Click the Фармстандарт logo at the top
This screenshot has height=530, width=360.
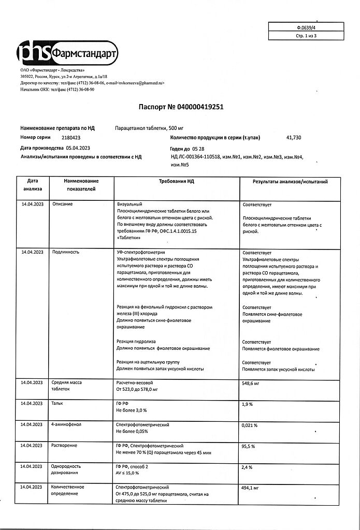67,52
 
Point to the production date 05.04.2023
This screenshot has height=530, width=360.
81,148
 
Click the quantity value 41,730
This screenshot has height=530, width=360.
293,138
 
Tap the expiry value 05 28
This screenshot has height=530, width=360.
206,148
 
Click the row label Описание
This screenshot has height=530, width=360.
62,204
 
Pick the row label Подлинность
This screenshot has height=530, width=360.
65,252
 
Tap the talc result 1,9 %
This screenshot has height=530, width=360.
248,404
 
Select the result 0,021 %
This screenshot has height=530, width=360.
250,425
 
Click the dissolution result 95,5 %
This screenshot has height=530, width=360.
250,446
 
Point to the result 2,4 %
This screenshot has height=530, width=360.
248,467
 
